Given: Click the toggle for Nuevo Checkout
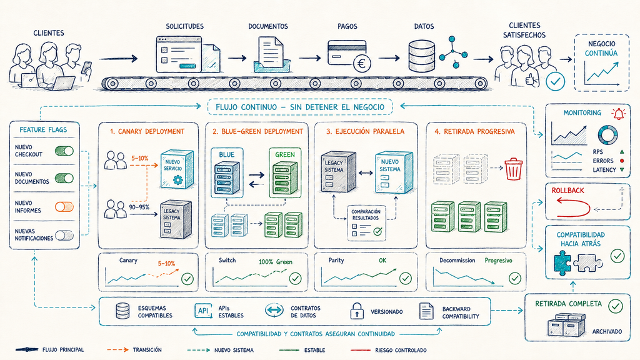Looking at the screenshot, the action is pos(64,151).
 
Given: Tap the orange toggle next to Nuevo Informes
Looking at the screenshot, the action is pos(64,207).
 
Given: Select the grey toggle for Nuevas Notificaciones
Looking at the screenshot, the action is pos(64,235).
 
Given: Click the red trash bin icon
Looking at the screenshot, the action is pos(514,169).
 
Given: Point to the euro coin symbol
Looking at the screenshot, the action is pos(362,64).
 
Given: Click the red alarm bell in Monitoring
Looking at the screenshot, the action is pos(618,114).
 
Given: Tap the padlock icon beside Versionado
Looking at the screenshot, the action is pos(357,311).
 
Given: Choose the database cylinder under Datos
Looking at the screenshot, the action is pos(422,57).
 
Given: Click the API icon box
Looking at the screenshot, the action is pos(203,311).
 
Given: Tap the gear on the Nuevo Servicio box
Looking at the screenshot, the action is pos(178,179).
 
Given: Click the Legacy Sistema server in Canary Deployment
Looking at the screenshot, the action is pos(176,219).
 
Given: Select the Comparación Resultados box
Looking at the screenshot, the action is pos(366,223).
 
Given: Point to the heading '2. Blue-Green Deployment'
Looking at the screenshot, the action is pos(257,131).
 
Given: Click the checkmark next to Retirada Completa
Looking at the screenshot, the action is pos(616,306).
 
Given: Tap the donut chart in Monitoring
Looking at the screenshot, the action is pos(607,134).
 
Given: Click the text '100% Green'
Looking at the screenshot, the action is pos(276,262).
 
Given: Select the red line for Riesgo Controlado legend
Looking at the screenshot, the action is pos(360,350).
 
